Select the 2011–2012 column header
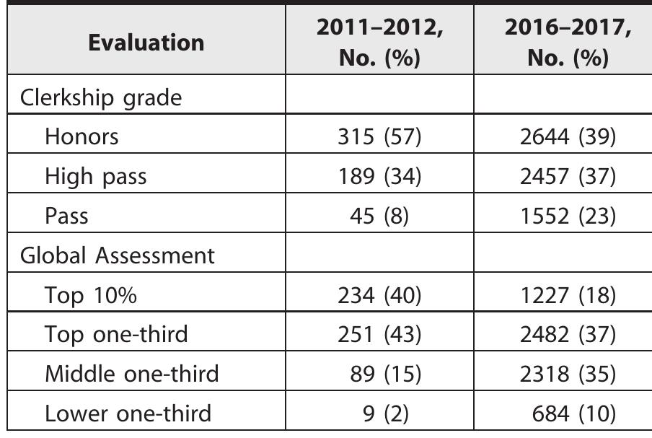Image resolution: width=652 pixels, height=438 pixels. click(379, 43)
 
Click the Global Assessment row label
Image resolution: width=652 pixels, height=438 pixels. click(118, 255)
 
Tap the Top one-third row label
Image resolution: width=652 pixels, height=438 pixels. click(116, 335)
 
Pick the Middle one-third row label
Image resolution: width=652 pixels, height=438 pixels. click(131, 375)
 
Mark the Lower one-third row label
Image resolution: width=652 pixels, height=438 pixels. click(128, 414)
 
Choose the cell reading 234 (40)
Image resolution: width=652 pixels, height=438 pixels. click(379, 295)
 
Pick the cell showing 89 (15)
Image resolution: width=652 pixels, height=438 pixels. click(384, 375)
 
